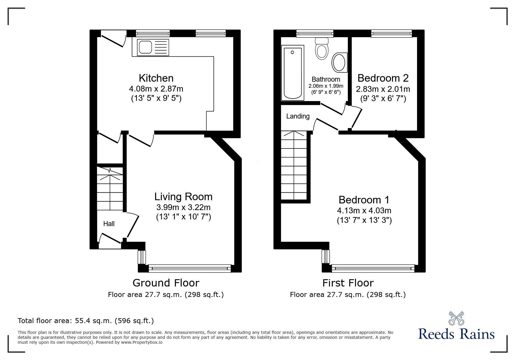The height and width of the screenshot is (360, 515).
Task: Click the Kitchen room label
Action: (156, 78)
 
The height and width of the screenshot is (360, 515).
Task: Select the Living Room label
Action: (183, 197)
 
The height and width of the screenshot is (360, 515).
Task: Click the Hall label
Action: (109, 224)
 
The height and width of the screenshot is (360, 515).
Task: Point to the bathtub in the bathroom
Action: (293, 73)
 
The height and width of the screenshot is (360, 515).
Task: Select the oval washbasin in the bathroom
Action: (339, 62)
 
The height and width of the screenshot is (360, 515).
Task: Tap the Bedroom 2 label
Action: (383, 78)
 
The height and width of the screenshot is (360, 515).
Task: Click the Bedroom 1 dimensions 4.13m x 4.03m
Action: (364, 210)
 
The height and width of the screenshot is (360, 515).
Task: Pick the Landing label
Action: (298, 116)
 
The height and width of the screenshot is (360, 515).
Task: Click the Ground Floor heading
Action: (166, 283)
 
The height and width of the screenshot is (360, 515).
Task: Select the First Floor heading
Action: (348, 283)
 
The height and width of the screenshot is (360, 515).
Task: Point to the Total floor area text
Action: (86, 321)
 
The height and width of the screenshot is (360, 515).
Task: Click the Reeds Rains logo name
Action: (456, 334)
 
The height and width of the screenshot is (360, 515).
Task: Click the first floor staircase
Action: (294, 166)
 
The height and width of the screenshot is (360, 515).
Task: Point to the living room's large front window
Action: (190, 268)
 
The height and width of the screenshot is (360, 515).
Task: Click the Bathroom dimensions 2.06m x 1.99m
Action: (326, 86)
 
